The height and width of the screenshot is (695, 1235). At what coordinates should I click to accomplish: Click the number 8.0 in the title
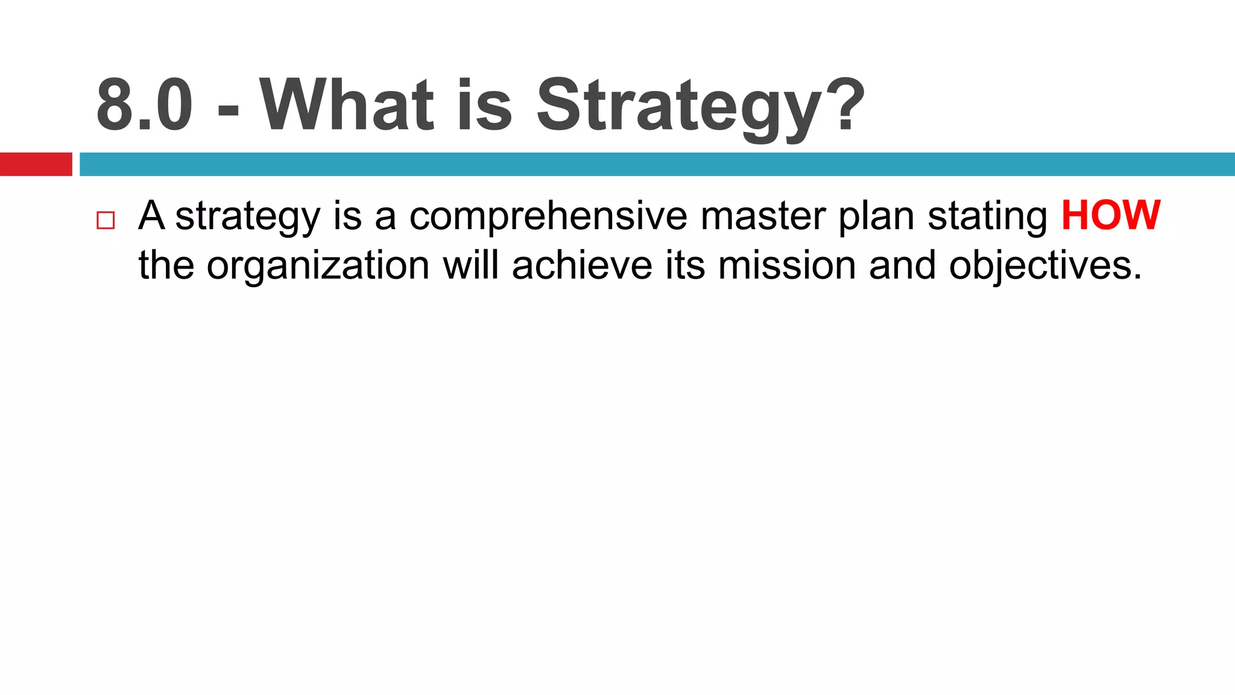click(145, 106)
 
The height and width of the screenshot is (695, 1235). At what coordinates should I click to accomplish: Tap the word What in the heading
click(346, 106)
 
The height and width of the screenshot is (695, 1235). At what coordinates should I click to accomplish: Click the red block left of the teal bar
click(36, 164)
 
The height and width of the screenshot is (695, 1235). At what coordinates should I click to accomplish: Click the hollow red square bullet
click(106, 220)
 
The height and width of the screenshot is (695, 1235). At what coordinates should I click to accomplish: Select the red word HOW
click(1110, 215)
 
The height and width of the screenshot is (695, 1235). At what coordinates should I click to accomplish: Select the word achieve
click(582, 265)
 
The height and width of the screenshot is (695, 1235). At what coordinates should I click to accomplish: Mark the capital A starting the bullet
click(151, 215)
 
